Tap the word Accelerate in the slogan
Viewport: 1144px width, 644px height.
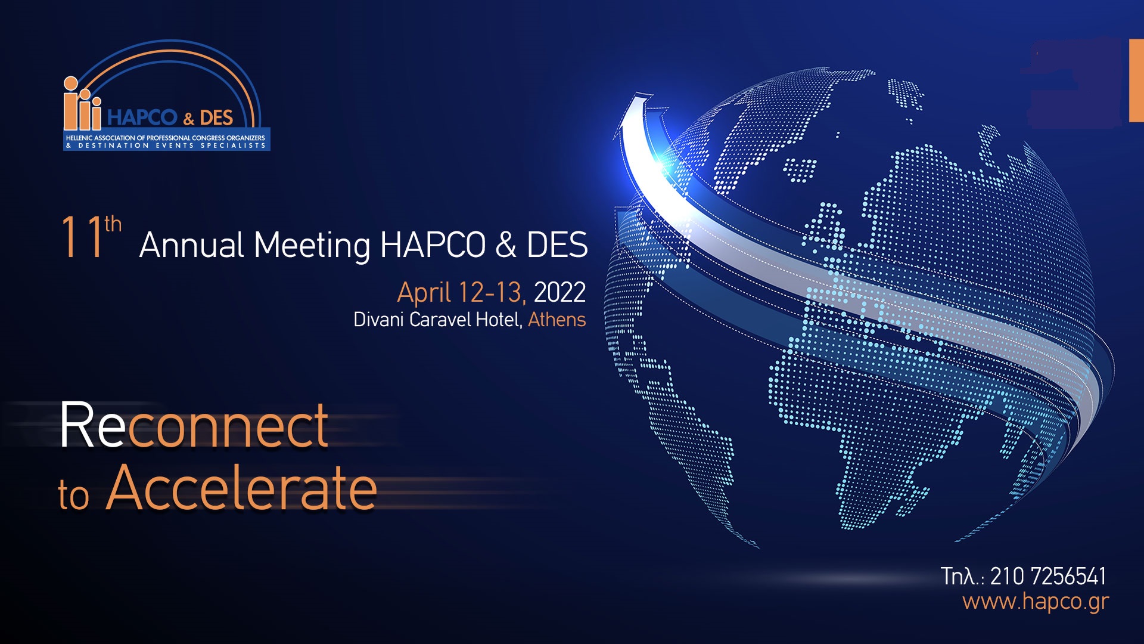tap(241, 488)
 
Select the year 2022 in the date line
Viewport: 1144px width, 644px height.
tap(559, 292)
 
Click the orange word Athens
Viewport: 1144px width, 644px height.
tap(557, 320)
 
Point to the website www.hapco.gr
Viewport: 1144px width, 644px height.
tap(1036, 601)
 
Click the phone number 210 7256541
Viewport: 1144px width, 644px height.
tap(1048, 576)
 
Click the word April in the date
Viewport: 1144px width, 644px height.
tap(424, 293)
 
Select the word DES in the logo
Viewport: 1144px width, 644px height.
tap(216, 117)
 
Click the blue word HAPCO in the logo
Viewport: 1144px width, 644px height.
tap(142, 117)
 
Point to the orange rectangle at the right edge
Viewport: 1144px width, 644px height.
tap(1136, 80)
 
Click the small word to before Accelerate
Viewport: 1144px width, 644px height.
tap(74, 496)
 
